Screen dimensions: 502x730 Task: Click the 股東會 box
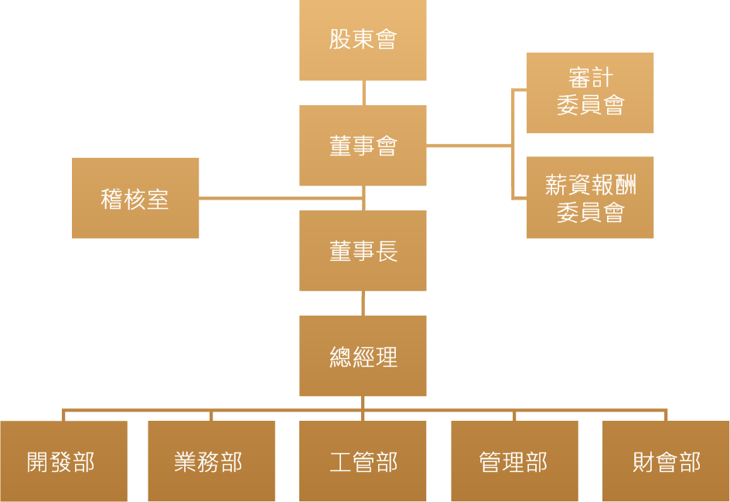pos(363,40)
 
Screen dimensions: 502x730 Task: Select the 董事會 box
pos(363,145)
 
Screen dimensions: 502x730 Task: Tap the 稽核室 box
pos(135,199)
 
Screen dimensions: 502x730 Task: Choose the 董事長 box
pos(363,251)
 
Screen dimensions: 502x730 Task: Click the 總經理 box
pos(363,356)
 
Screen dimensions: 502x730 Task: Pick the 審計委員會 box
pos(590,93)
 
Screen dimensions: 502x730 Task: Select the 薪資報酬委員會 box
pos(590,197)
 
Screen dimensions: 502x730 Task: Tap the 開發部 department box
pos(63,462)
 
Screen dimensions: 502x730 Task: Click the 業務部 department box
pos(211,462)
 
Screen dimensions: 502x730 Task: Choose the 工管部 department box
pos(363,462)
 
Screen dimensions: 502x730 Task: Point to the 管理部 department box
pos(514,462)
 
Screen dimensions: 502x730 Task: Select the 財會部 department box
pos(666,462)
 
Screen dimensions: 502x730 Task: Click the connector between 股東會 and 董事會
pos(363,93)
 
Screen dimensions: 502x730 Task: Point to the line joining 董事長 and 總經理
pos(363,303)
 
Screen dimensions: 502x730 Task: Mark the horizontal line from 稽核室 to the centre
pos(278,198)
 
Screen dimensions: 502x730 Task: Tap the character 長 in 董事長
pos(387,251)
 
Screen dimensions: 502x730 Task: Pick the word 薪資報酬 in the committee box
pos(590,185)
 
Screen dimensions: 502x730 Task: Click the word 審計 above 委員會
pos(590,79)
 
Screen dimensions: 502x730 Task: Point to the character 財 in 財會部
pos(643,462)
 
